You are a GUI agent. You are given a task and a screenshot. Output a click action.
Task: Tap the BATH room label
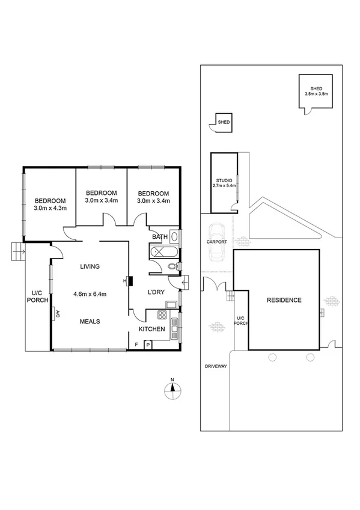pyautogui.click(x=159, y=237)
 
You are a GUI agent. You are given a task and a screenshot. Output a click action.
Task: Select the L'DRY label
pyautogui.click(x=156, y=293)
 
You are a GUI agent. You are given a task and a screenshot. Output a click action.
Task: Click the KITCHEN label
pyautogui.click(x=152, y=329)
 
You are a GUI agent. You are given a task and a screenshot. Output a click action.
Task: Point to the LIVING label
pyautogui.click(x=90, y=266)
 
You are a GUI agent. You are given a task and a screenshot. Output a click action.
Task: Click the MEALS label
pyautogui.click(x=90, y=321)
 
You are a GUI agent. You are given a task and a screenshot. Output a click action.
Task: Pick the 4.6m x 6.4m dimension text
pyautogui.click(x=90, y=294)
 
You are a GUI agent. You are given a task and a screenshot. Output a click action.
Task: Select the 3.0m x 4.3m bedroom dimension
pyautogui.click(x=50, y=208)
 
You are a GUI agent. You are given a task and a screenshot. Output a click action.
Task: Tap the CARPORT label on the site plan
pyautogui.click(x=217, y=242)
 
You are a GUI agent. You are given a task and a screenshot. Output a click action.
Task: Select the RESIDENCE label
pyautogui.click(x=285, y=300)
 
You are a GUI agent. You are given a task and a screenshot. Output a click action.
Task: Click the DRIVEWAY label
pyautogui.click(x=215, y=366)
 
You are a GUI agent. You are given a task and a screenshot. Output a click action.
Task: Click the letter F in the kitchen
pyautogui.click(x=136, y=344)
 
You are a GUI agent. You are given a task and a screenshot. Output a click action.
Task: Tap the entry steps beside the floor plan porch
pyautogui.click(x=17, y=250)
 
